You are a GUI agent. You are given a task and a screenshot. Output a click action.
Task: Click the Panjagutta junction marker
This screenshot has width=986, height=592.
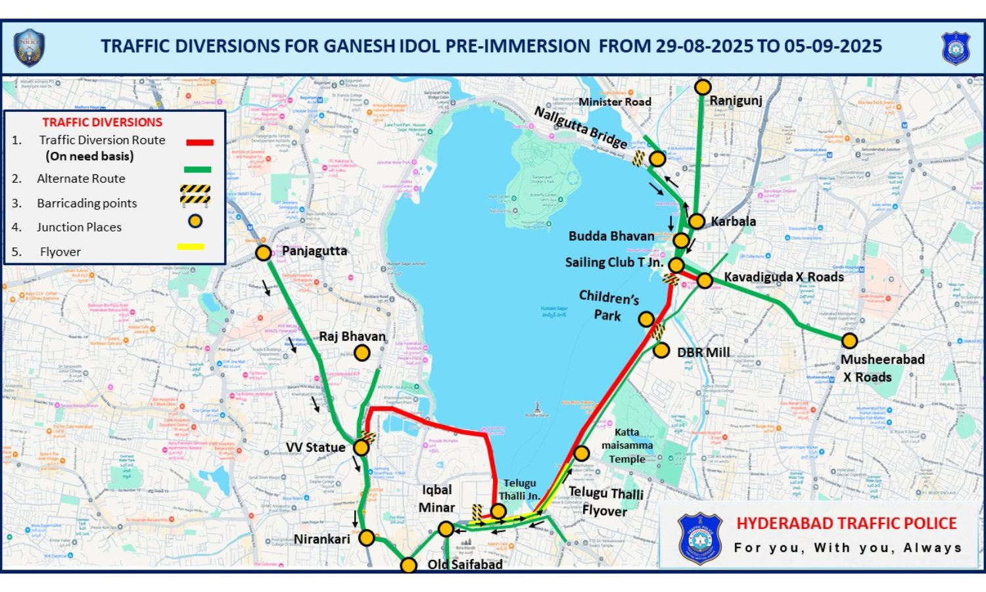(263, 253)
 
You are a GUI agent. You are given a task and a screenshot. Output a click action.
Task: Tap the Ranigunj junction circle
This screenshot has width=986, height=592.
(703, 87)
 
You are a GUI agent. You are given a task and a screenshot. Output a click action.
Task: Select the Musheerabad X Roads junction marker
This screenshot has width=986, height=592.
(849, 340)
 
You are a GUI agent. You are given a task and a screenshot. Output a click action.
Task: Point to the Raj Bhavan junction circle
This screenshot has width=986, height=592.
(362, 353)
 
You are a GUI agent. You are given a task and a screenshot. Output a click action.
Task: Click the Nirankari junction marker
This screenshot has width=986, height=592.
(366, 538)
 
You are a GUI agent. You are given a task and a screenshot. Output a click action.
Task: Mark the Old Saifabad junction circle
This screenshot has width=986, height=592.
(408, 565)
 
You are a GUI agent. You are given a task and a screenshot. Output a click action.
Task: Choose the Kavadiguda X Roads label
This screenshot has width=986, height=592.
(784, 277)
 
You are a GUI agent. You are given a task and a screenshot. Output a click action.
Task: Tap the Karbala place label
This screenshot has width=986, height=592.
(733, 222)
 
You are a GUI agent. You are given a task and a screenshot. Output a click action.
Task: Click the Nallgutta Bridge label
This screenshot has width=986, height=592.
(580, 127)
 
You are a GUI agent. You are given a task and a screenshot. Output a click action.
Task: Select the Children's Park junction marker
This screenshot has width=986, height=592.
(646, 320)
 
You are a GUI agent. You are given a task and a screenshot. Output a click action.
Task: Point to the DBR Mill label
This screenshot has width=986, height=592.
(703, 353)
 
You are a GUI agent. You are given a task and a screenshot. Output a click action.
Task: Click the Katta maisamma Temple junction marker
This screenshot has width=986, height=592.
(581, 453)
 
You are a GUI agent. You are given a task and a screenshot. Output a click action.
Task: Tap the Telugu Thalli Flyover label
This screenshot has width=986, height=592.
(605, 501)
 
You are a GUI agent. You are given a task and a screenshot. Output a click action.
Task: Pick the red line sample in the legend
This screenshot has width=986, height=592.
(199, 142)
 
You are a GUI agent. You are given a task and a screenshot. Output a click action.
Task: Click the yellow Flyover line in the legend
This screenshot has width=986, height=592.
(191, 247)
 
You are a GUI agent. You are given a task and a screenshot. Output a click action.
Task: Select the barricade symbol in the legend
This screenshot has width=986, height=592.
(195, 194)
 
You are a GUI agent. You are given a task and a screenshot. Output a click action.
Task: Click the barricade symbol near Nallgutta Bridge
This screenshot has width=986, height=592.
(638, 158)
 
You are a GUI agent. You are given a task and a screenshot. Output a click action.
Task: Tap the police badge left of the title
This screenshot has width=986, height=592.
(29, 47)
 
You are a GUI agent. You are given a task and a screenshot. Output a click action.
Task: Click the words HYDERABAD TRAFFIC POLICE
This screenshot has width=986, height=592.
(846, 524)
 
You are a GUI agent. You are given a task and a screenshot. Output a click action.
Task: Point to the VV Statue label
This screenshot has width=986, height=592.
(316, 447)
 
